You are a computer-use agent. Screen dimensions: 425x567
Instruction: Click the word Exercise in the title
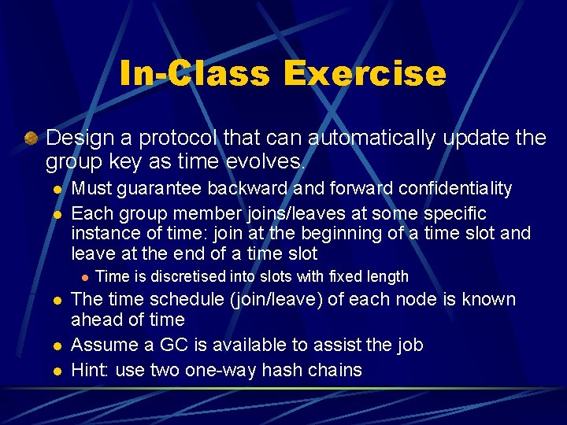364,73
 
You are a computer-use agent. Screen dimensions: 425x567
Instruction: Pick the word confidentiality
456,189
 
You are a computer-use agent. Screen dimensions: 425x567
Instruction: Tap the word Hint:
91,369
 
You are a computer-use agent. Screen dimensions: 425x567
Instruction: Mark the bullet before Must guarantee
57,190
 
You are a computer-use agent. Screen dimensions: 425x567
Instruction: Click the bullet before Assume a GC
57,346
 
